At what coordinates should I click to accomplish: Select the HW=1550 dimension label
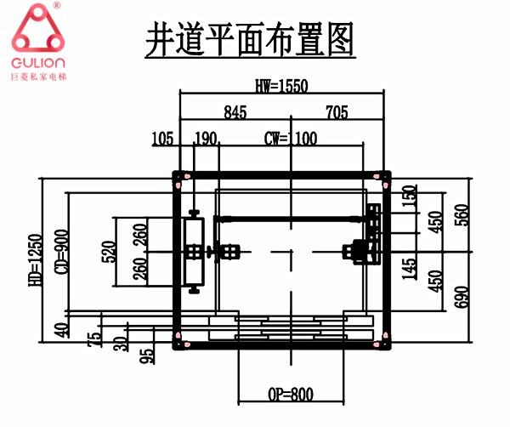click(280, 85)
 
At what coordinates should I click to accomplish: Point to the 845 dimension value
click(237, 111)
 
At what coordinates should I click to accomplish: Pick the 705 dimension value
click(337, 111)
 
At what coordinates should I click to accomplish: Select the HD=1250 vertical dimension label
click(35, 261)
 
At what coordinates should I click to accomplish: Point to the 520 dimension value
click(109, 253)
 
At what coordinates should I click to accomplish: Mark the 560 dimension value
click(462, 215)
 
